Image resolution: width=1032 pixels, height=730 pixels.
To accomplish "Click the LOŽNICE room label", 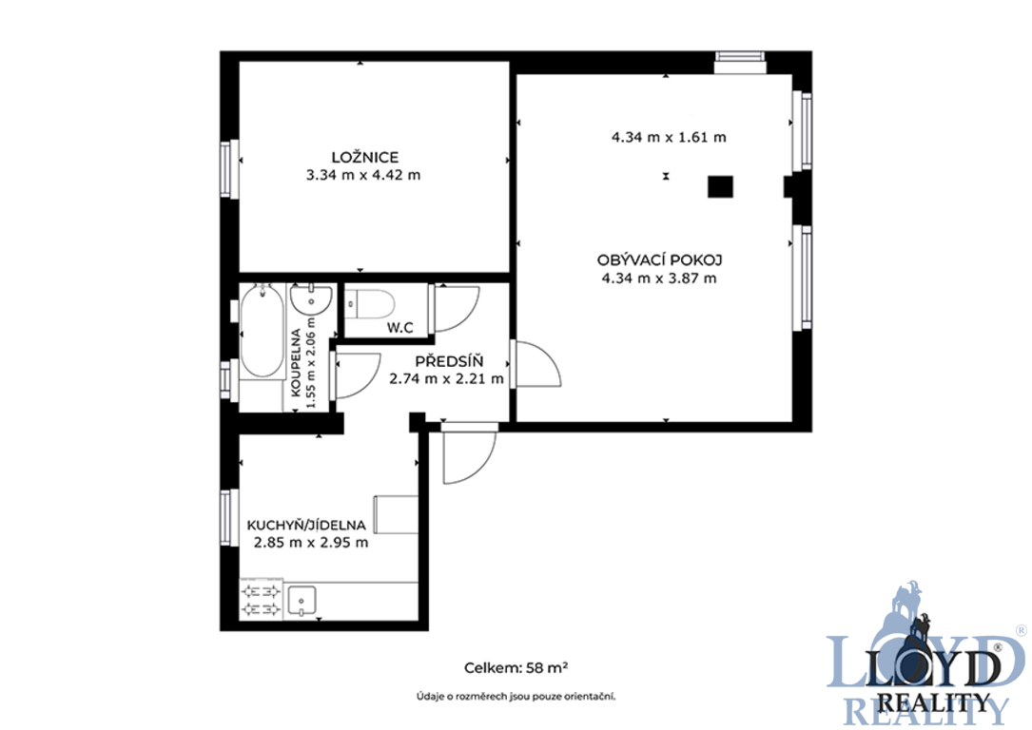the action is (364, 157).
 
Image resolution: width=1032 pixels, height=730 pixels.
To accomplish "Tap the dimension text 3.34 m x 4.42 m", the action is (363, 175).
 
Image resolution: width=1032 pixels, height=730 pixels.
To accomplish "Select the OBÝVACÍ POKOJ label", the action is (659, 259).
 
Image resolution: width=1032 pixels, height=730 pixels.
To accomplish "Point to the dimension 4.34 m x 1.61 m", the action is (669, 138).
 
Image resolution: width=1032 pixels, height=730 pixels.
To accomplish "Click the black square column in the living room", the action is (720, 186).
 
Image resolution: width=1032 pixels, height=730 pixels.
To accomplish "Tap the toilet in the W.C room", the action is (370, 304).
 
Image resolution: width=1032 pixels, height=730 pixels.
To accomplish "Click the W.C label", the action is (399, 327).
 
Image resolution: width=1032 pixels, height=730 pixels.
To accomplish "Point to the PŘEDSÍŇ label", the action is (449, 361).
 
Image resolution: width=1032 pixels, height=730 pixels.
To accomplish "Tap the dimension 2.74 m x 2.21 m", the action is (446, 379).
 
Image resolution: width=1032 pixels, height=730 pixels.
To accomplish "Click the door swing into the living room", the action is (535, 364).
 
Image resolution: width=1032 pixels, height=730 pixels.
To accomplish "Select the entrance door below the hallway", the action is (469, 453).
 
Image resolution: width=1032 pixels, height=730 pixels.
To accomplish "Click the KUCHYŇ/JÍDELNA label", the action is (306, 525).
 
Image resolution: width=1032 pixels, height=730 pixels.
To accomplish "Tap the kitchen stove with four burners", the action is (262, 601).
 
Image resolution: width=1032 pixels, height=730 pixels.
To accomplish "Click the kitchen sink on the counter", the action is (302, 601).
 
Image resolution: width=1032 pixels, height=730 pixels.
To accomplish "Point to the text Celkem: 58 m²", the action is (516, 667).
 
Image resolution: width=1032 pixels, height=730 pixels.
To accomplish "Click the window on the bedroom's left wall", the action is (228, 169).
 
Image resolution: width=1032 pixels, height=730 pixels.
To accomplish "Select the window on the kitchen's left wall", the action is (228, 518).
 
